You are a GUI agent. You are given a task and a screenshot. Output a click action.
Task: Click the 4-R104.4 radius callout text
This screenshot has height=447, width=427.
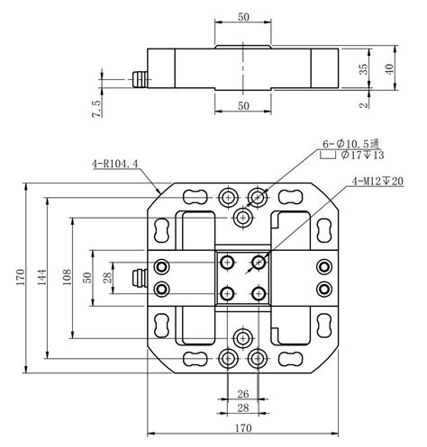(x=115, y=165)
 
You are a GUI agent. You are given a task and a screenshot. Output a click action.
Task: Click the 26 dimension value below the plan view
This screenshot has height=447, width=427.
(x=243, y=393)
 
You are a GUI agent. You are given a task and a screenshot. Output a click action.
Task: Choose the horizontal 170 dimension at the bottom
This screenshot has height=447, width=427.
(x=243, y=429)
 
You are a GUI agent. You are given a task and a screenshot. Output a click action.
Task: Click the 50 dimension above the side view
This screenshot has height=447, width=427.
(x=243, y=17)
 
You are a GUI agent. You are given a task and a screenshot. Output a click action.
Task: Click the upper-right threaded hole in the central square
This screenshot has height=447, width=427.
(x=259, y=262)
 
